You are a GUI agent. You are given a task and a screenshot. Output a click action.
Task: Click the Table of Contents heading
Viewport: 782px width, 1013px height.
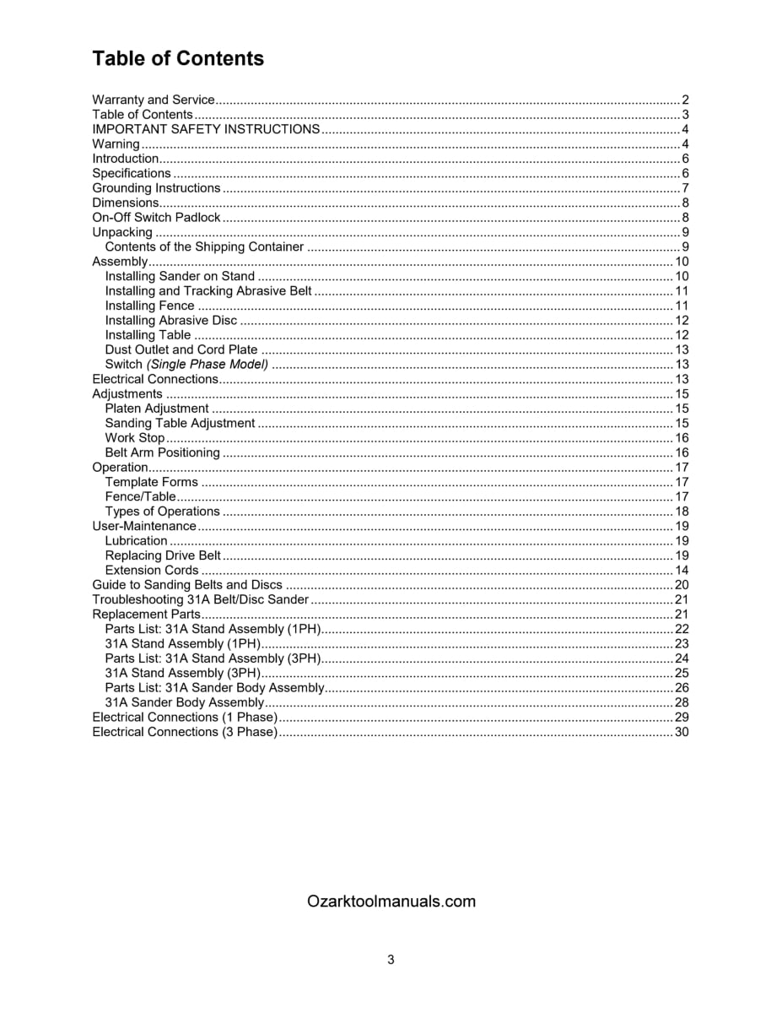coord(178,58)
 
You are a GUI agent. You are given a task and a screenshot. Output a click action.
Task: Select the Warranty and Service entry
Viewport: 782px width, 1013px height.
coord(154,100)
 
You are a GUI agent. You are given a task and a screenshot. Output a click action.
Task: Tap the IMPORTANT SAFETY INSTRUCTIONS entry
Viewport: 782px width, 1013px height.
coord(206,129)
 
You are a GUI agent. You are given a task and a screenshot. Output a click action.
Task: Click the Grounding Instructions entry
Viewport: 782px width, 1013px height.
coord(156,188)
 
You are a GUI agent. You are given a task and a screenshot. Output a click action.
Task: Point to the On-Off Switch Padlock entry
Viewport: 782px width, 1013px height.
coord(156,218)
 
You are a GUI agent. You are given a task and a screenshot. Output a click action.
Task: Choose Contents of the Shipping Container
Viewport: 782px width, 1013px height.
coord(204,247)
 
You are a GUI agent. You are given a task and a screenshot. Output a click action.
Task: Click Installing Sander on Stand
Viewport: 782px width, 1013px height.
coord(180,276)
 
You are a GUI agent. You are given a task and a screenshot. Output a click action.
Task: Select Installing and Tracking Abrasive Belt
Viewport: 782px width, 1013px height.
coord(208,291)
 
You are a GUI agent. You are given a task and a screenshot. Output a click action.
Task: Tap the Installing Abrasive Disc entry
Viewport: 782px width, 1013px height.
coord(171,321)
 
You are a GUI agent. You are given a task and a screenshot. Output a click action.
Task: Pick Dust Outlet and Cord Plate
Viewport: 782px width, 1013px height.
coord(181,349)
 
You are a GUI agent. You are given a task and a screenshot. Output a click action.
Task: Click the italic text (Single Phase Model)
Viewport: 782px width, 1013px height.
coord(208,365)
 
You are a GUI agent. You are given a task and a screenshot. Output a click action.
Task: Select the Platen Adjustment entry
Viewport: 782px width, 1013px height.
coord(157,409)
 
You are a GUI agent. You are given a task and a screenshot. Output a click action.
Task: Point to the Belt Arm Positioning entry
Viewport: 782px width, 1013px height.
coord(162,452)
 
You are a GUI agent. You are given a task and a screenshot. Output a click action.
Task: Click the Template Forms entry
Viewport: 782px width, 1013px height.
coord(152,482)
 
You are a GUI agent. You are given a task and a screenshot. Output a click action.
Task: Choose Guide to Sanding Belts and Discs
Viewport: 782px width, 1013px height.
coord(187,585)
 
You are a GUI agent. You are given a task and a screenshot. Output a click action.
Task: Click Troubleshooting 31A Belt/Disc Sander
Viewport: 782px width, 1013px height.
coord(201,599)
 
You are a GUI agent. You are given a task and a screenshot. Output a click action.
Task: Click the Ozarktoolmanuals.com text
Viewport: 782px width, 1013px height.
coord(391,902)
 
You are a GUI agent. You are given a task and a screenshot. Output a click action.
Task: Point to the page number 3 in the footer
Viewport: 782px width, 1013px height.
coord(391,960)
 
